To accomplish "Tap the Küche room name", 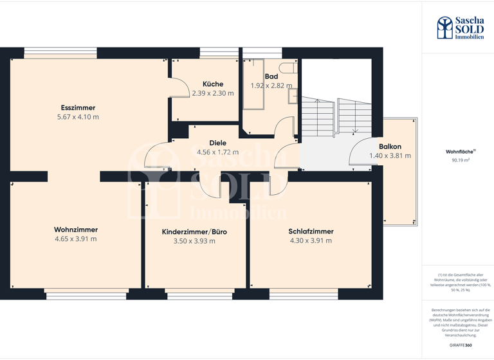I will tap(213, 84).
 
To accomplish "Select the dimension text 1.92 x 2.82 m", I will tap(271, 85).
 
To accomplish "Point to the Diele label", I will tap(218, 143).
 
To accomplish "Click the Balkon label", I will tap(390, 147).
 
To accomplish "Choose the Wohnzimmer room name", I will tap(76, 230).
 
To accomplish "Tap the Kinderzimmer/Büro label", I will tap(194, 231).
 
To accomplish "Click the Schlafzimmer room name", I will tap(311, 231).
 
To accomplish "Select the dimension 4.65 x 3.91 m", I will tap(76, 239).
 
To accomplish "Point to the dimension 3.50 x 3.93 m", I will tap(194, 241).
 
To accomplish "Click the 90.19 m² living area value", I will tap(461, 161).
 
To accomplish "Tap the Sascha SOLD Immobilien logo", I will tap(460, 28).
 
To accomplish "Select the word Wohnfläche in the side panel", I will tap(459, 152).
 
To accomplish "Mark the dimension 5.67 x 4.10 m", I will tap(78, 117).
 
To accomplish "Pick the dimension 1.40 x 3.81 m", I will tap(390, 156).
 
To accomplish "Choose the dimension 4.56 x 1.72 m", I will tap(217, 152).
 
